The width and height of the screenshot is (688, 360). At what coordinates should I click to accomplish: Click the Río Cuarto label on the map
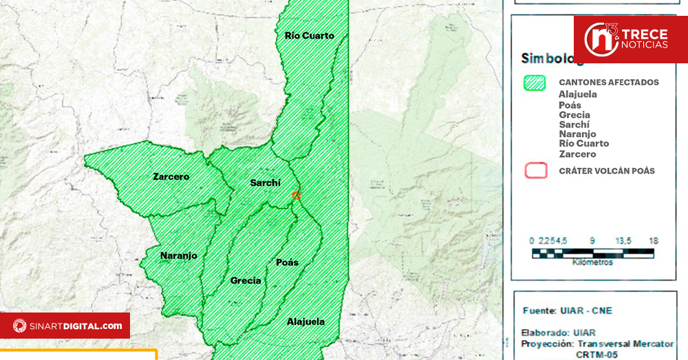point(309,35)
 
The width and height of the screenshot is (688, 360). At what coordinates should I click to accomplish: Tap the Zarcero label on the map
point(171,176)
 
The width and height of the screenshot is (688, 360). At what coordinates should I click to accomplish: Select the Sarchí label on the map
point(264,182)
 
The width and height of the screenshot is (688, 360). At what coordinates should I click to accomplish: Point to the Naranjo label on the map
point(179,255)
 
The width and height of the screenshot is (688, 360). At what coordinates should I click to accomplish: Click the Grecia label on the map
point(246,280)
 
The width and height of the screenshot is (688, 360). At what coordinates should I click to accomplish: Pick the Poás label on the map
point(287,262)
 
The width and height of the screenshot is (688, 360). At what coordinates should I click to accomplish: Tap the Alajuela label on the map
point(305,321)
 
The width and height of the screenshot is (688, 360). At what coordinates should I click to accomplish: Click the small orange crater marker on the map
point(297,195)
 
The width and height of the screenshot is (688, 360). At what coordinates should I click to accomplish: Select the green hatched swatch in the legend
point(535,83)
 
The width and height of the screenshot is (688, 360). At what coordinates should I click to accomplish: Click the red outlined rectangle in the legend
point(536,171)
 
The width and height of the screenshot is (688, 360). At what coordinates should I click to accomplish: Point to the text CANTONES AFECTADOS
point(608,83)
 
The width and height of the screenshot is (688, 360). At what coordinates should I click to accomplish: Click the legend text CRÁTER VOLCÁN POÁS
point(607,171)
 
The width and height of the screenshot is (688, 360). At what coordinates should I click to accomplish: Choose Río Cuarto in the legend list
point(583,144)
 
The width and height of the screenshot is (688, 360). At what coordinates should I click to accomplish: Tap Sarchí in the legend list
point(574,125)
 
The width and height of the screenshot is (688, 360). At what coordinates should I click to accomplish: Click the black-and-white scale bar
point(592,253)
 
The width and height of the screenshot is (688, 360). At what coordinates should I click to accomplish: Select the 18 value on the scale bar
point(653,241)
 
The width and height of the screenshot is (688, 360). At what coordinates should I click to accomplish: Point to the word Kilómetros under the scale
point(592,262)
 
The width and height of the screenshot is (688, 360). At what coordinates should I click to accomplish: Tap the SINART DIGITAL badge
point(65,326)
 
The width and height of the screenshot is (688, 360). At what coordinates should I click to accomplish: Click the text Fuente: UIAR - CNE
point(567,310)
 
